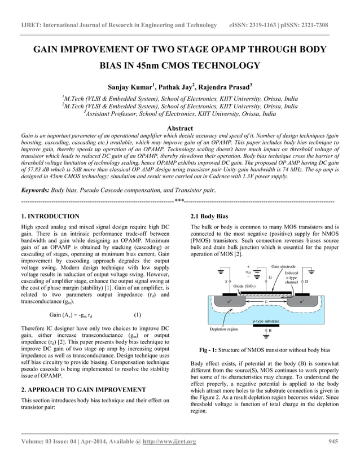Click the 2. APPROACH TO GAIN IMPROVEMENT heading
(84, 389)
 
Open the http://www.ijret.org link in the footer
(169, 441)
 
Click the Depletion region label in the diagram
(223, 328)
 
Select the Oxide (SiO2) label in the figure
(243, 286)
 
